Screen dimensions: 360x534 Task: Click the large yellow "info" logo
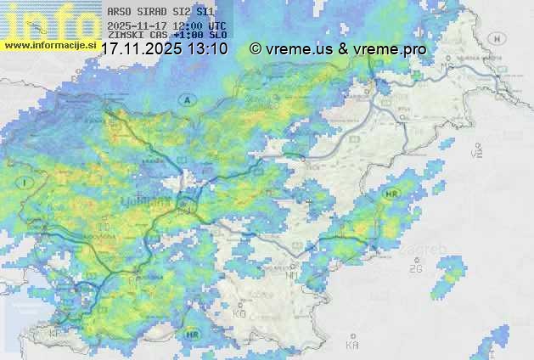click(x=47, y=19)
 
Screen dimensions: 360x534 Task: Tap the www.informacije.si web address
click(x=50, y=45)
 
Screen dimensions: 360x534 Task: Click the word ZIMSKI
click(x=124, y=36)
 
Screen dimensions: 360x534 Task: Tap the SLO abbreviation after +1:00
click(x=217, y=36)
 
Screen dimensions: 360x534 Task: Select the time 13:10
click(x=208, y=49)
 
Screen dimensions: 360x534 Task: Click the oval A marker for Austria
click(x=188, y=100)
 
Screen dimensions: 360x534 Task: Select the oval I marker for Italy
click(x=27, y=183)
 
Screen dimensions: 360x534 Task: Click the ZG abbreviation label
click(x=415, y=269)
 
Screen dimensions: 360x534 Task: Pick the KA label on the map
click(x=351, y=345)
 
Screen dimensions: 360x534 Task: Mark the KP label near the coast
click(x=56, y=334)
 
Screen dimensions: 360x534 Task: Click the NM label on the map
click(x=293, y=275)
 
